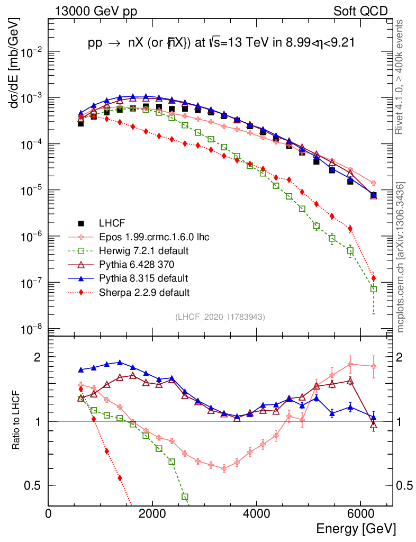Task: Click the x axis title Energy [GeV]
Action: pyautogui.click(x=355, y=529)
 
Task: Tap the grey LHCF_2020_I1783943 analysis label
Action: pyautogui.click(x=220, y=317)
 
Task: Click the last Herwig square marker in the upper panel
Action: pyautogui.click(x=374, y=289)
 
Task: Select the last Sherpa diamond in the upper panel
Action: pyautogui.click(x=374, y=278)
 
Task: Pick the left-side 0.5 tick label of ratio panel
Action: pyautogui.click(x=37, y=485)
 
